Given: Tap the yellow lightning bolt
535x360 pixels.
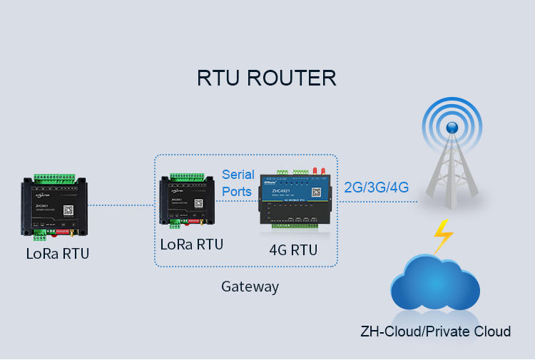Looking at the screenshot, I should click(x=443, y=235).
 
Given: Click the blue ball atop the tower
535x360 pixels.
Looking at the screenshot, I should click(x=452, y=127).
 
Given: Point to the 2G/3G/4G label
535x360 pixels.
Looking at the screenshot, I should click(x=376, y=187).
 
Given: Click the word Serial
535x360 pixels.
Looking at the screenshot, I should click(x=238, y=175).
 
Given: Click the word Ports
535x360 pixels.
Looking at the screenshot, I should click(x=237, y=191).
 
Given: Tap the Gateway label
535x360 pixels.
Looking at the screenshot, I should click(x=250, y=287).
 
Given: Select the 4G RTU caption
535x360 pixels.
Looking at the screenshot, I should click(x=293, y=250).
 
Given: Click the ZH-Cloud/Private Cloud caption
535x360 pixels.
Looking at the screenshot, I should click(x=435, y=331).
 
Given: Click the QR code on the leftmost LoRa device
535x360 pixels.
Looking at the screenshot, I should click(x=68, y=210).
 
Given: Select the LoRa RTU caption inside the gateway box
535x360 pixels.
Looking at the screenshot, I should click(x=192, y=244).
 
